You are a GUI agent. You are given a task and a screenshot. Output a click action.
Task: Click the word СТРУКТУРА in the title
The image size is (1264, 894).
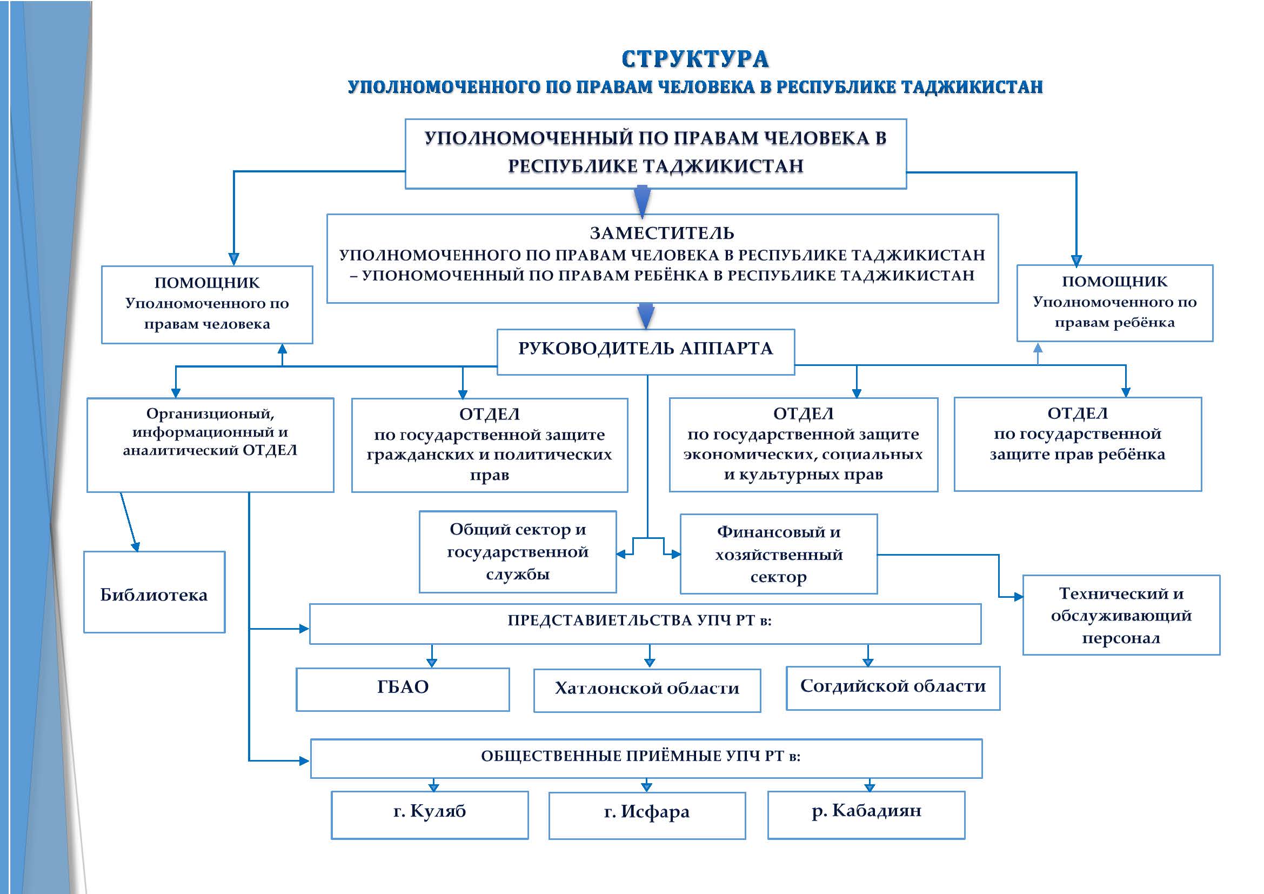(x=695, y=59)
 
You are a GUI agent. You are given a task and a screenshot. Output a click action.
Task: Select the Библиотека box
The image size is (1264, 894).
(x=154, y=592)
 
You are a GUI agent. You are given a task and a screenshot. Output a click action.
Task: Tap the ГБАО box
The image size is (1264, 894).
(x=403, y=689)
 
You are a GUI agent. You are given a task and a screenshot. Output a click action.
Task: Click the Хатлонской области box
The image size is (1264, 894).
(x=647, y=690)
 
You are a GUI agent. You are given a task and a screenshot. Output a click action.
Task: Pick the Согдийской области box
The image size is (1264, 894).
(x=892, y=688)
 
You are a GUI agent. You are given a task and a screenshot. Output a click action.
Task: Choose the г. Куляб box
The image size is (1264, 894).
(x=430, y=815)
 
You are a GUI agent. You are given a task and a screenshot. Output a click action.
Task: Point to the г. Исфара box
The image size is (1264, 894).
(x=647, y=815)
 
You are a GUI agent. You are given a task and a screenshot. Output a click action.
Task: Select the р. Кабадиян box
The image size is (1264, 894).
(x=866, y=815)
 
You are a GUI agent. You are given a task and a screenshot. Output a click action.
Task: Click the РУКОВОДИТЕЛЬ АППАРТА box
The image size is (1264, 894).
(x=645, y=351)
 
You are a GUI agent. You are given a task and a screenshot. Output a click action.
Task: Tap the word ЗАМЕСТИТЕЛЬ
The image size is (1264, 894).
(x=662, y=233)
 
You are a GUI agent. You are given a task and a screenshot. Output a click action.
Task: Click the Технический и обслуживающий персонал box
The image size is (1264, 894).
(x=1121, y=615)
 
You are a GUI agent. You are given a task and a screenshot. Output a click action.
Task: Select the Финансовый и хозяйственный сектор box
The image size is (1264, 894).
(x=778, y=554)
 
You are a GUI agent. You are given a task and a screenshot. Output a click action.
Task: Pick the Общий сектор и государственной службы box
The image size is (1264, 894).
(x=518, y=552)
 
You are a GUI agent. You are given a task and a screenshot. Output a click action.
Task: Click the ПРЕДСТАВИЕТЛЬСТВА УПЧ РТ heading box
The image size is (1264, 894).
(x=645, y=624)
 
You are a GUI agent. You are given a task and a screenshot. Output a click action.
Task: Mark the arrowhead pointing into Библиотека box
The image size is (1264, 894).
(x=136, y=546)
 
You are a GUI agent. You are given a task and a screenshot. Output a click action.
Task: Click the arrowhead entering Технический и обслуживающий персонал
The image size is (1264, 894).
(x=1019, y=597)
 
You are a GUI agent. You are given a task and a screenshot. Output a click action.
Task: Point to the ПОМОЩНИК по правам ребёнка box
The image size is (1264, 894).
(x=1114, y=303)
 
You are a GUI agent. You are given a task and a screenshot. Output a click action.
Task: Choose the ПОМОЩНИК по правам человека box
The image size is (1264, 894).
(x=207, y=304)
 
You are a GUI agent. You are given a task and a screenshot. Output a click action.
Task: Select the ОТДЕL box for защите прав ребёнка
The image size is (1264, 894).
(x=1078, y=444)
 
